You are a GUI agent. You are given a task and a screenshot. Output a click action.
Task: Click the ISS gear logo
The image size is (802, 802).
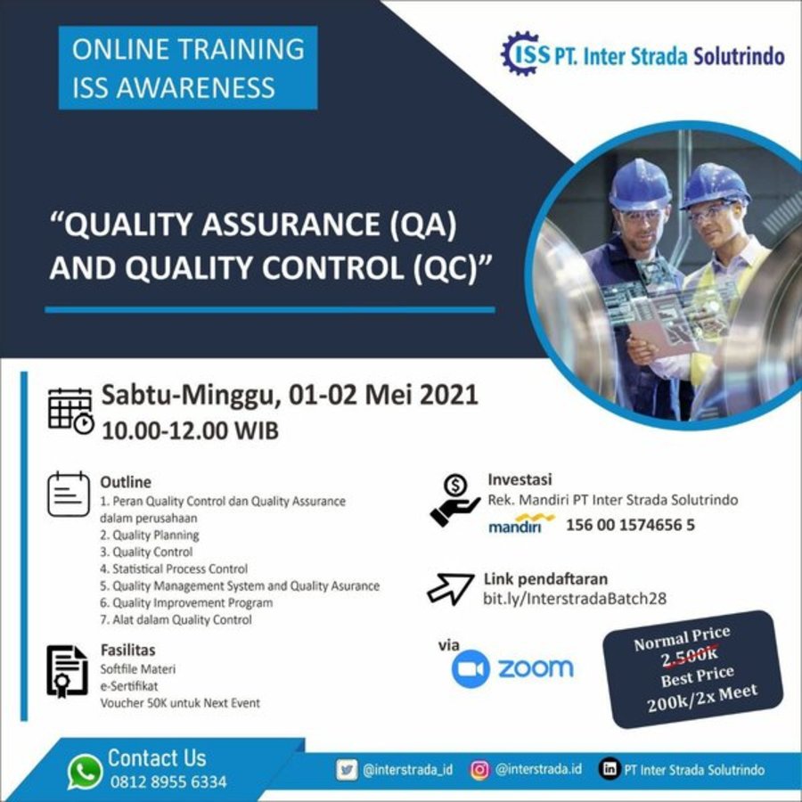(520, 53)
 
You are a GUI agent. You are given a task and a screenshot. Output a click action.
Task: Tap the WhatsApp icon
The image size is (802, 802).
(85, 772)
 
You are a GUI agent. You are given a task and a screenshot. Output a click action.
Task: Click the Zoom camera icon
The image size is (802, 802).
(471, 668)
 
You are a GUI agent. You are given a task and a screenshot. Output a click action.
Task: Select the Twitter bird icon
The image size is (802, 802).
(347, 769)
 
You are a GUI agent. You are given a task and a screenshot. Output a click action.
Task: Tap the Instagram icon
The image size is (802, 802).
(479, 769)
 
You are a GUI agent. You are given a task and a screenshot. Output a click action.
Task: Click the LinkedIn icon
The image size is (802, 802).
(610, 769)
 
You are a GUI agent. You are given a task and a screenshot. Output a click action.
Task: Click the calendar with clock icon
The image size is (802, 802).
(71, 411)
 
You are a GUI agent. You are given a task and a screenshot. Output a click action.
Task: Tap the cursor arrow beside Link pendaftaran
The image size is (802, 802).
(450, 588)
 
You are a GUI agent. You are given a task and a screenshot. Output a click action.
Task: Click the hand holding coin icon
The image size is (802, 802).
(454, 500)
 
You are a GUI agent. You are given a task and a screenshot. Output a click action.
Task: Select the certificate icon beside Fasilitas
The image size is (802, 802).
(67, 672)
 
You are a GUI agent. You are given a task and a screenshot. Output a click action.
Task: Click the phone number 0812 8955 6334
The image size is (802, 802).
(168, 782)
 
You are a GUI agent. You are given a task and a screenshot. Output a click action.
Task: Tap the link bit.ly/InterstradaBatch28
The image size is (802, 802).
(575, 599)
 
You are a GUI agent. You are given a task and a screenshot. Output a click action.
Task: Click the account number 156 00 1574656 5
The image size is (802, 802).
(630, 525)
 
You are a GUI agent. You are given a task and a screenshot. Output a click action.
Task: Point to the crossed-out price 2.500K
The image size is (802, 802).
(689, 656)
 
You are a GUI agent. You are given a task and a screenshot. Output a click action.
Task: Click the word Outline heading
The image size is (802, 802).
(126, 482)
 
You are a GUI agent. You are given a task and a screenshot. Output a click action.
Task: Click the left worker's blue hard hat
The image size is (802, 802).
(639, 185)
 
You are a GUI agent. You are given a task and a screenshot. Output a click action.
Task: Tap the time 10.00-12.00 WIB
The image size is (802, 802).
(191, 430)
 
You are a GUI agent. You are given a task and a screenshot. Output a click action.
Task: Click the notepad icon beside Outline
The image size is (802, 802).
(69, 494)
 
